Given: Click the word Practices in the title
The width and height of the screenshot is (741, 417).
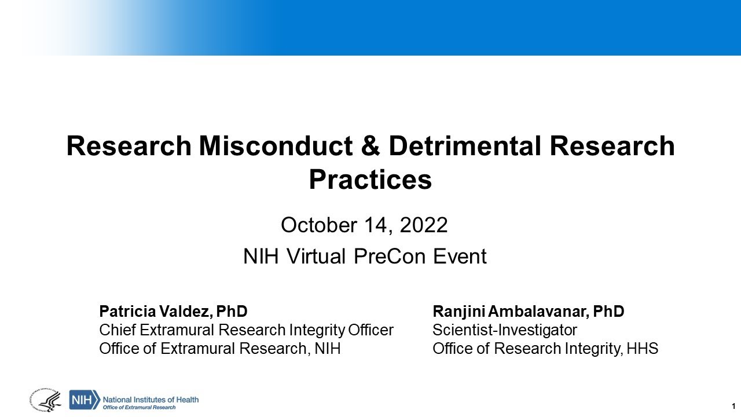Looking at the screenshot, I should (370, 180).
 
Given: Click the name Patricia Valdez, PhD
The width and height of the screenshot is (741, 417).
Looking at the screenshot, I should (173, 312).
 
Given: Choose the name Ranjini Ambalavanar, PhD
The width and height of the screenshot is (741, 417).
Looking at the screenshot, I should (528, 312).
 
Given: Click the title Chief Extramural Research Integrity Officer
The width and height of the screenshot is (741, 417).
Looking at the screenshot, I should (246, 330).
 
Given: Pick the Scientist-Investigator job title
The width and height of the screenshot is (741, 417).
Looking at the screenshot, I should (505, 330).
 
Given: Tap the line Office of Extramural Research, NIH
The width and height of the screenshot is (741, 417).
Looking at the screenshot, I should (219, 349).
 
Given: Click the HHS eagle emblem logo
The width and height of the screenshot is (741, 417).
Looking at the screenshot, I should (45, 400).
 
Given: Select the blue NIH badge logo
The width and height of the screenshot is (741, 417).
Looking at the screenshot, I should (84, 400).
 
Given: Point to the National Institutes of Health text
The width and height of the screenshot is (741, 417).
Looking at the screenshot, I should (151, 398).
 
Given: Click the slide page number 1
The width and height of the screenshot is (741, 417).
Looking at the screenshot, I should (733, 405).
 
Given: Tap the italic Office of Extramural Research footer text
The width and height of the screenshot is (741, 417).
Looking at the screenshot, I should (139, 407).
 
